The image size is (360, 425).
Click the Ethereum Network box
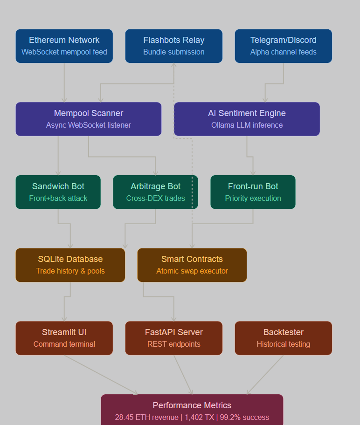click(x=64, y=46)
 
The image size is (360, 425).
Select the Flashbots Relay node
click(x=173, y=46)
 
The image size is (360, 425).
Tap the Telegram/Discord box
click(x=283, y=46)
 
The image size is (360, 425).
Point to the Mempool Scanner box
click(x=88, y=119)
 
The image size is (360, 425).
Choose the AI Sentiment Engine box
click(x=247, y=119)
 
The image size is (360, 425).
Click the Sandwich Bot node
click(x=58, y=192)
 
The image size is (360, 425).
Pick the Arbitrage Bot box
click(x=155, y=192)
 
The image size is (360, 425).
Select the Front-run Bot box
click(x=253, y=192)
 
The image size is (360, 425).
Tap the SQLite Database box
click(x=70, y=265)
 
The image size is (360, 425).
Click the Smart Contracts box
click(x=192, y=265)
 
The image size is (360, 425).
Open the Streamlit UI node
click(x=64, y=338)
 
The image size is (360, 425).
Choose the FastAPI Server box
click(x=173, y=338)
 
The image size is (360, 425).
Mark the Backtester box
click(x=283, y=338)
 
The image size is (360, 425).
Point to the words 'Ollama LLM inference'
click(x=247, y=125)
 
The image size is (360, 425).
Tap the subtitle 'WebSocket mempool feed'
click(x=64, y=52)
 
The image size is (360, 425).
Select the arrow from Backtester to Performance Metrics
click(x=265, y=375)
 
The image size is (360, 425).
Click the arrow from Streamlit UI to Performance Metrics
click(x=100, y=375)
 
